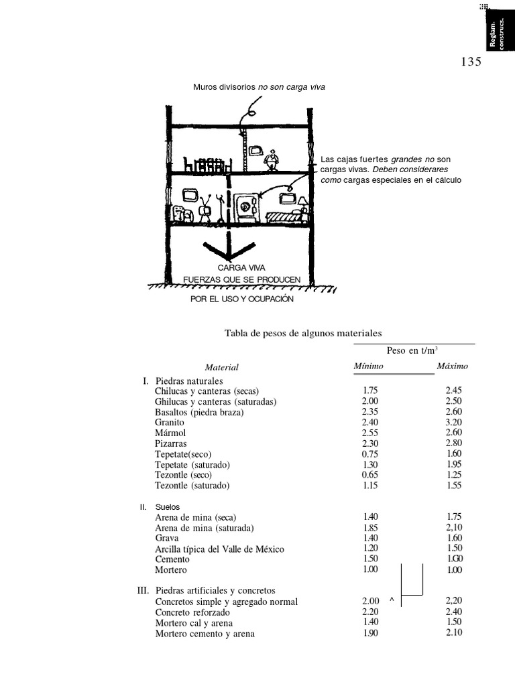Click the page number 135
(x=471, y=62)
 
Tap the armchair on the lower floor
(x=179, y=213)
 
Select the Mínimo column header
(x=368, y=366)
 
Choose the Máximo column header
(x=453, y=366)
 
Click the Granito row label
(x=170, y=423)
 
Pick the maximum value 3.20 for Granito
(x=454, y=423)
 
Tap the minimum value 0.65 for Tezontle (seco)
(x=370, y=475)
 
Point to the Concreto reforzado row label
(x=192, y=612)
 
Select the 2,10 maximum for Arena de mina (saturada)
(x=454, y=527)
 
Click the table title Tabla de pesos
(x=303, y=332)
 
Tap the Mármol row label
(x=170, y=433)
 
